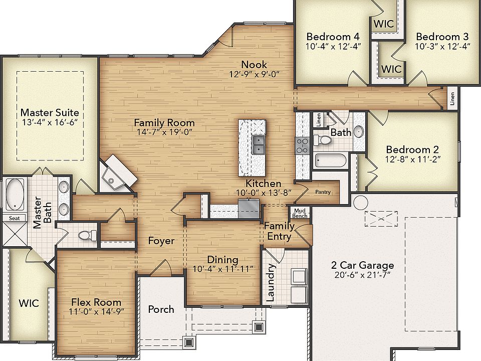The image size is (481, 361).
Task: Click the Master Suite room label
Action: coord(50,112)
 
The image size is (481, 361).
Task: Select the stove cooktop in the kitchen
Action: coord(302,145)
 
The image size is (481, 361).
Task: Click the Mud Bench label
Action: coord(300,213)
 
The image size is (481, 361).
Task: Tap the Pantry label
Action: coord(323,192)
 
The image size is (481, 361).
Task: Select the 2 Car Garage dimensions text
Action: coord(362,275)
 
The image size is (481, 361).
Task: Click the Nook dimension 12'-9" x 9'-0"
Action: coord(255,74)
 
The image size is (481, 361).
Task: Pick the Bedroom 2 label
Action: coord(412,149)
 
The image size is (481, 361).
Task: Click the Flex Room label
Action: coord(96,302)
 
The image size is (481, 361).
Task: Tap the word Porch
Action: coord(161,309)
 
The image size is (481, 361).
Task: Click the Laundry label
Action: coord(270,282)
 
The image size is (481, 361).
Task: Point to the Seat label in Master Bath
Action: coord(14,218)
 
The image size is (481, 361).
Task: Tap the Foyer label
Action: coord(161,241)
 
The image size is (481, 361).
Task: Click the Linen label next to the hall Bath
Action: coord(319,120)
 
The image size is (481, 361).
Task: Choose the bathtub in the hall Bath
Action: coord(331,160)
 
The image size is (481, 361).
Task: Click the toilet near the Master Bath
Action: coord(87,236)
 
